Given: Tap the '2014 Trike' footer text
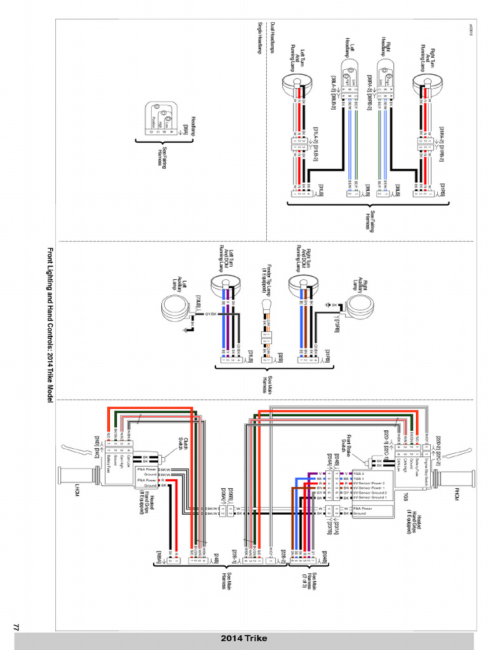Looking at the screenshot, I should pos(244,639).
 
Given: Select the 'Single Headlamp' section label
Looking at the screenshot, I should pos(260,39).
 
